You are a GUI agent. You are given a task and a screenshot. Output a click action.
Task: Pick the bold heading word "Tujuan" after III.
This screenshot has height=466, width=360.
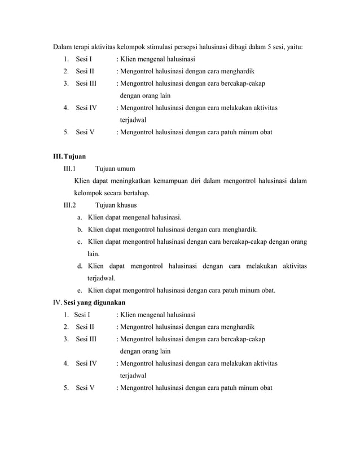(75, 156)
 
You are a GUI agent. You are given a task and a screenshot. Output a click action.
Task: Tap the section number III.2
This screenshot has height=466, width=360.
(71, 205)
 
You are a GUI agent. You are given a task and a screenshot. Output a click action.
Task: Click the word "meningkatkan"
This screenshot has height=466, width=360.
(129, 181)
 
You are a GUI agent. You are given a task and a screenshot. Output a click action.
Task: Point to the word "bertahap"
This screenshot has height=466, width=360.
(136, 193)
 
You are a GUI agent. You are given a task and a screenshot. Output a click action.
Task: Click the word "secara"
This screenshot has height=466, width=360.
(109, 193)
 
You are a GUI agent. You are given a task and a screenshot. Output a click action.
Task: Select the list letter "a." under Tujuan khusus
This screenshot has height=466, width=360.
(81, 217)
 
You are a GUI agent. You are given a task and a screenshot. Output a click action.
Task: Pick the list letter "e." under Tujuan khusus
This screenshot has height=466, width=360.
(81, 291)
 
